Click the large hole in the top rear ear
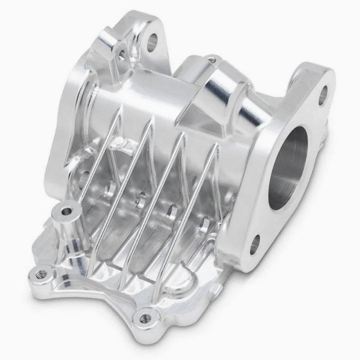pos(153,41)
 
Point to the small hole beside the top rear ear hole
pos(122,54)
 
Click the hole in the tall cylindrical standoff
pos(67,210)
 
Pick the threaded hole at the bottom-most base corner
pos(144,318)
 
